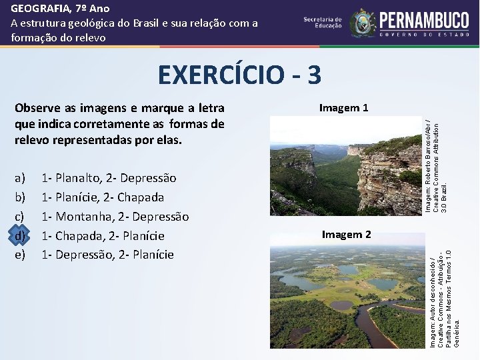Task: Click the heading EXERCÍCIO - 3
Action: (x=239, y=75)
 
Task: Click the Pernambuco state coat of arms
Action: (x=363, y=23)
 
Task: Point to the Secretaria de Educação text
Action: (x=323, y=23)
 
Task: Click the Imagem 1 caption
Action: (x=343, y=108)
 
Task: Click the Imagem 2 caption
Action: (x=346, y=234)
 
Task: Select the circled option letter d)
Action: (x=20, y=235)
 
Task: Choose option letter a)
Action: (x=19, y=178)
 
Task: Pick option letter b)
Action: (x=19, y=197)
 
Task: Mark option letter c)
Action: (x=19, y=217)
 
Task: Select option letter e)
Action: (x=19, y=255)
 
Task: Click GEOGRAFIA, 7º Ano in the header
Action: (x=60, y=9)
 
